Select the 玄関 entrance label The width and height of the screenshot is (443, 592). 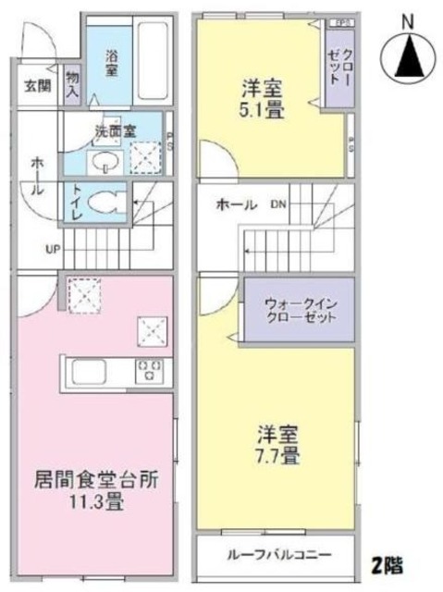click(36, 88)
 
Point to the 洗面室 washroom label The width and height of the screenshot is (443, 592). click(111, 131)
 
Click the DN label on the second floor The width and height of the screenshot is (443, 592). click(278, 204)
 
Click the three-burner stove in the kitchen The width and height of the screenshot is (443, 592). click(149, 372)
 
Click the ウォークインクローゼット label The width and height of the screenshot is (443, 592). click(298, 308)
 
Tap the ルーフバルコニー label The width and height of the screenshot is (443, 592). click(277, 555)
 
